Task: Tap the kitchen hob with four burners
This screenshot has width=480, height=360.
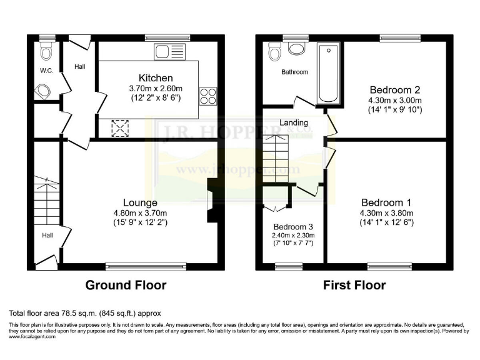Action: tap(207, 96)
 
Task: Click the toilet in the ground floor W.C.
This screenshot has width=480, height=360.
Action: tap(44, 93)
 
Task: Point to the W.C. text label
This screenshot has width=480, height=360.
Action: tap(46, 71)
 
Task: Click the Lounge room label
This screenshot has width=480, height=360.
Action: tap(139, 202)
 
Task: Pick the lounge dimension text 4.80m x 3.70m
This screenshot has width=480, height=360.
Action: tap(139, 212)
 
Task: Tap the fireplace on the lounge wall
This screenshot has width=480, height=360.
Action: tap(212, 201)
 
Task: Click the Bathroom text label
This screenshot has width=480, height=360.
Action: tap(294, 72)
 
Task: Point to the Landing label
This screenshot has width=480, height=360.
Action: tap(293, 122)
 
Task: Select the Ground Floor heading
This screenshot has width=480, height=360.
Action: tap(126, 285)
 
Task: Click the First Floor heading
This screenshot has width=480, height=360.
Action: tap(354, 285)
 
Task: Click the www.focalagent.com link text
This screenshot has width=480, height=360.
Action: tap(32, 336)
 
